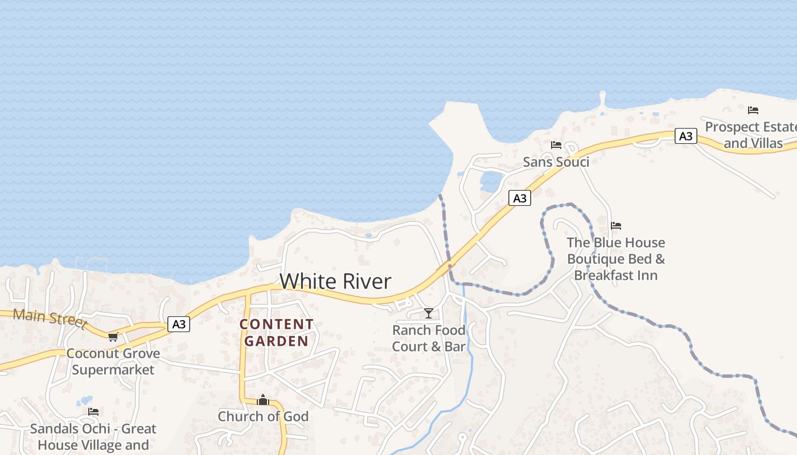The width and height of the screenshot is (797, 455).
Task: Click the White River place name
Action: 335,282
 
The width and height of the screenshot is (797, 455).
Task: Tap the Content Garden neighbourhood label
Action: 277,333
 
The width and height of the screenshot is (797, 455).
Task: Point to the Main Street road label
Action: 50,318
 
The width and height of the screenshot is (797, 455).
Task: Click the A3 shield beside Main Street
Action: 179,324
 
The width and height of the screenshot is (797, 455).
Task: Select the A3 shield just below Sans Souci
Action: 519,198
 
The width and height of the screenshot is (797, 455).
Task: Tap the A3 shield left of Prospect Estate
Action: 686,136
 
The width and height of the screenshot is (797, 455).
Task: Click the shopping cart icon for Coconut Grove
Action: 113,337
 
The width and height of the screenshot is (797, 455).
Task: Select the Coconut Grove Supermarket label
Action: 113,362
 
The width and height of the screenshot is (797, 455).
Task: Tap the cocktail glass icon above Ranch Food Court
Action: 429,313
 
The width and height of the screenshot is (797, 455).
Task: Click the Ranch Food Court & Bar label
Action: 429,338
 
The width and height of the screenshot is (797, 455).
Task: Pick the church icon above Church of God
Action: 262,400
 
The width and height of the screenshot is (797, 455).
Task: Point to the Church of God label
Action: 263,416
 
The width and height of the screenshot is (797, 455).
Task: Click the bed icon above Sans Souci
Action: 556,145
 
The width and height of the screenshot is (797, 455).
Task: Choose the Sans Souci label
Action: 556,162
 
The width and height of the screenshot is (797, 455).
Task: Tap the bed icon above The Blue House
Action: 616,226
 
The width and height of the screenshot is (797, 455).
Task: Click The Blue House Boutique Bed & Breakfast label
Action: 616,259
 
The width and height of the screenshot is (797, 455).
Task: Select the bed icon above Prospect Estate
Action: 753,110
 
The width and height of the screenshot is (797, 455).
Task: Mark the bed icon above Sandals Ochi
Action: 93,411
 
